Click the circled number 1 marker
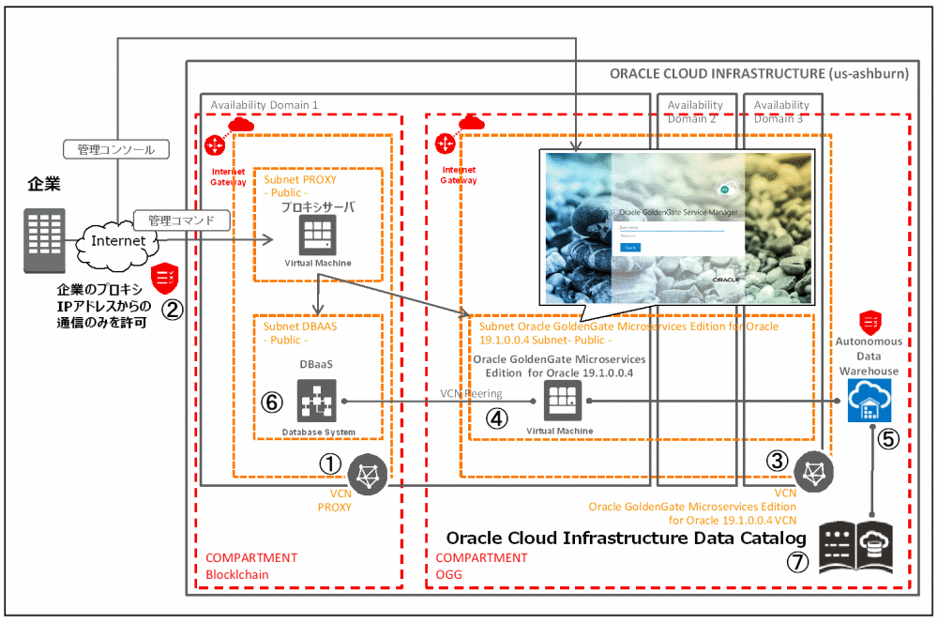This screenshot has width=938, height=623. tap(330, 463)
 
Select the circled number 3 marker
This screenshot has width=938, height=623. tap(777, 460)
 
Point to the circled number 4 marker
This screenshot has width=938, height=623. tap(497, 418)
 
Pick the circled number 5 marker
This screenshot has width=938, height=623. tap(888, 438)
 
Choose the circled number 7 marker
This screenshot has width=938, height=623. tap(797, 563)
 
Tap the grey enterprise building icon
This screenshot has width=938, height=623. tap(45, 240)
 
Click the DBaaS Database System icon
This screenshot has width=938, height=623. tap(317, 402)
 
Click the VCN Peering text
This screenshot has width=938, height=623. tap(471, 394)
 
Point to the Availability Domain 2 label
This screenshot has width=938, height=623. tap(695, 113)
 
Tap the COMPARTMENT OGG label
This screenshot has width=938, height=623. tap(482, 565)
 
